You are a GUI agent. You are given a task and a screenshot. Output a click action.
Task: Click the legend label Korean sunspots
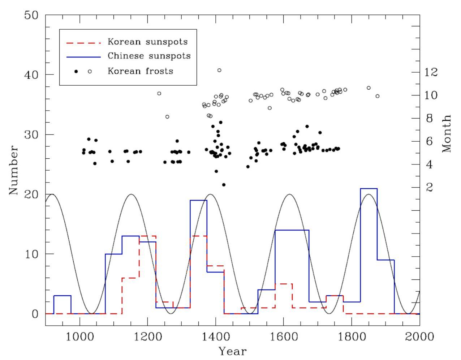(x=148, y=42)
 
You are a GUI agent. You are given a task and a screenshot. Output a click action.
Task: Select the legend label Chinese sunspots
(x=149, y=56)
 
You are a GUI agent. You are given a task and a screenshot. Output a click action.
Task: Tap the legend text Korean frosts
(x=141, y=71)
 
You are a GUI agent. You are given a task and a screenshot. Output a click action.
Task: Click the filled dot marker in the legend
(x=76, y=72)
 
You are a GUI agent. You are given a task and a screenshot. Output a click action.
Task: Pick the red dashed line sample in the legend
(x=83, y=43)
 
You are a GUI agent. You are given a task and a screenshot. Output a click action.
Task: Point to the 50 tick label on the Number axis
(x=31, y=15)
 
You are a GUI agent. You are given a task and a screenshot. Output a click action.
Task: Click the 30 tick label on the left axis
(x=31, y=134)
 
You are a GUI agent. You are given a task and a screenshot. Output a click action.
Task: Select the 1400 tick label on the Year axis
(x=216, y=337)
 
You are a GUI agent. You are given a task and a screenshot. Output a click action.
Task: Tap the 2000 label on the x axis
(x=419, y=337)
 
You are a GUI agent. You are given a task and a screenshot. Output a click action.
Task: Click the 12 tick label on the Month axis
(x=431, y=72)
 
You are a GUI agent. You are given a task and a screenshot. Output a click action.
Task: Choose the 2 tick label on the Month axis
(x=430, y=188)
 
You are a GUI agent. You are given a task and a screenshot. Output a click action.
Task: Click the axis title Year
(x=233, y=351)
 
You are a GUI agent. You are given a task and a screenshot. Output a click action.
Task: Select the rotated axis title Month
(x=446, y=134)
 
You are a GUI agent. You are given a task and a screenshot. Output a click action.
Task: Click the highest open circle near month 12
(x=219, y=70)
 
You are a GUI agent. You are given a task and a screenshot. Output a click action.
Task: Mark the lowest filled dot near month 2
(x=224, y=185)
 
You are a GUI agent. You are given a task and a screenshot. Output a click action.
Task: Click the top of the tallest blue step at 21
(x=369, y=188)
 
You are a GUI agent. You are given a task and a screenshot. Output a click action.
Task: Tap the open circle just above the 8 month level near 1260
(x=167, y=117)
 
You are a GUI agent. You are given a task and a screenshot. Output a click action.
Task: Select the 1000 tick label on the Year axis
(x=80, y=337)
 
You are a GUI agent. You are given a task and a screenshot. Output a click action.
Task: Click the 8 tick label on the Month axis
(x=430, y=119)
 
